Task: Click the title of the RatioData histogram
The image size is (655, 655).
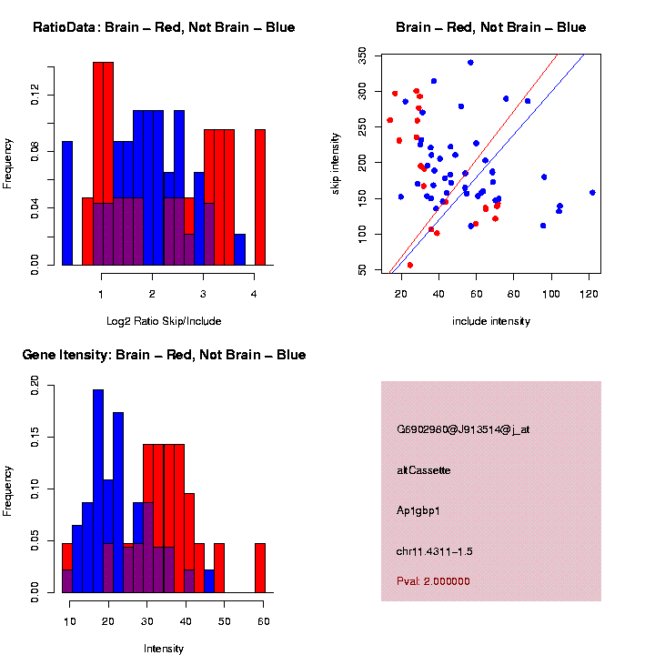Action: [164, 27]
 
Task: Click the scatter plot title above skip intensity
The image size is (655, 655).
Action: [491, 27]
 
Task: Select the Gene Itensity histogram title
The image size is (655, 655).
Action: [164, 355]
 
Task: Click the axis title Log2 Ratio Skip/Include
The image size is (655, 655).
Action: [164, 321]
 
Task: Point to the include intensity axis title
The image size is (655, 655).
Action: [491, 321]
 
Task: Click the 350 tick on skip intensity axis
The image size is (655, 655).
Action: [362, 56]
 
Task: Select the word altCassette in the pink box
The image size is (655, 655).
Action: [424, 470]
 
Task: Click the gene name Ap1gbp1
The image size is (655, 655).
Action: [418, 510]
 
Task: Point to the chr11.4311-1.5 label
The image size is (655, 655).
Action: [435, 551]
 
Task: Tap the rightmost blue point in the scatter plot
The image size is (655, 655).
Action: [592, 193]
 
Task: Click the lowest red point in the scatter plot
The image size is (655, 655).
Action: [409, 265]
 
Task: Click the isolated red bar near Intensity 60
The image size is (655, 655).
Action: [260, 568]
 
